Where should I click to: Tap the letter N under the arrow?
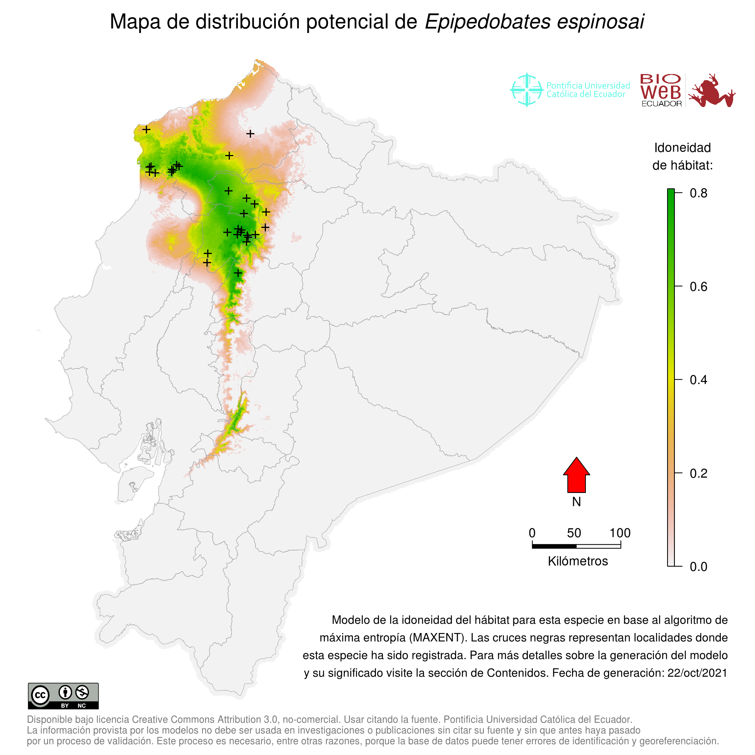click(576, 502)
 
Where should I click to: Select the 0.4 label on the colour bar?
click(698, 380)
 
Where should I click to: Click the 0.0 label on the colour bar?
click(698, 567)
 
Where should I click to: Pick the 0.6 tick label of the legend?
click(698, 287)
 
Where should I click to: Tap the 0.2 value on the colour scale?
click(698, 474)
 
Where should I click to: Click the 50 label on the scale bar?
click(574, 533)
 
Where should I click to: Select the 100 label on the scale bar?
click(620, 533)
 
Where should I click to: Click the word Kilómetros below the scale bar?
click(578, 561)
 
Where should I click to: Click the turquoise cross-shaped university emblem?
click(526, 90)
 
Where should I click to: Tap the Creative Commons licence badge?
click(63, 696)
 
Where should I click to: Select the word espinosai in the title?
click(600, 21)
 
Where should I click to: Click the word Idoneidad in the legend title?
click(682, 148)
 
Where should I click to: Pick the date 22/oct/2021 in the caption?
click(697, 673)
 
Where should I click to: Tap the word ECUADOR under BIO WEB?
click(662, 104)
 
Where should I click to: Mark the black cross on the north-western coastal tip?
click(146, 129)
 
